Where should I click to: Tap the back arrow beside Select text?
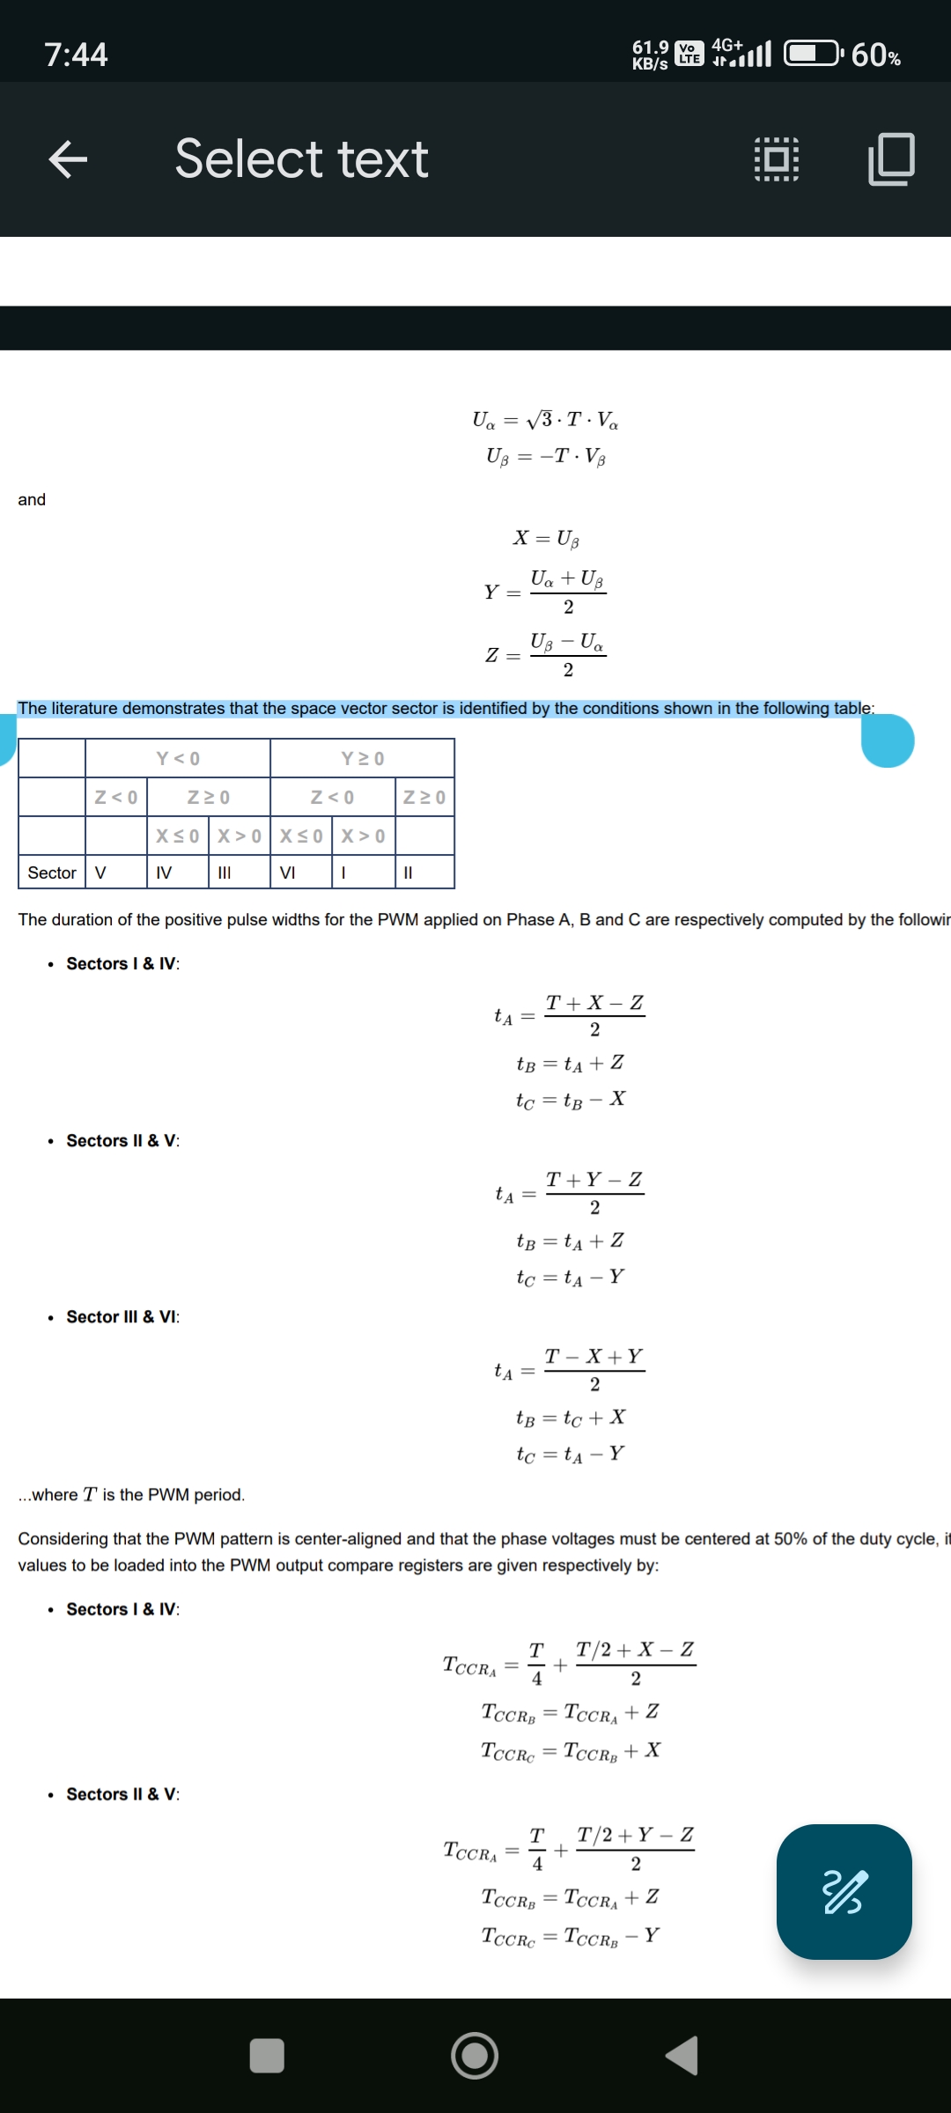[x=68, y=159]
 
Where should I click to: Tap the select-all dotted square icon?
[x=777, y=159]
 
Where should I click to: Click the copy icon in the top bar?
[x=891, y=159]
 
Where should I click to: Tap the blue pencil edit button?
[x=844, y=1892]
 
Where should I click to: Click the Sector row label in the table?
[x=52, y=872]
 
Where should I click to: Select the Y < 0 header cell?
[x=178, y=758]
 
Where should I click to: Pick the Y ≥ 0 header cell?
[x=362, y=758]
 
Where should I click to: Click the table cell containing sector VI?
[x=288, y=872]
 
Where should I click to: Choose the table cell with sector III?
[x=225, y=872]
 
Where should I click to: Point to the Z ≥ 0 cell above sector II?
[x=424, y=798]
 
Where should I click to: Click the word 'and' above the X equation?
[x=32, y=500]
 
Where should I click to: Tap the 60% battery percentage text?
[x=875, y=55]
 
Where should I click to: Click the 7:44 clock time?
[x=76, y=55]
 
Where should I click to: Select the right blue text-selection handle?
[x=888, y=741]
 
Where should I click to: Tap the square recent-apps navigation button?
[x=267, y=2056]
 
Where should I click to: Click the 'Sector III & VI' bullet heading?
[x=122, y=1317]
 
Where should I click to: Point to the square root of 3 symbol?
[x=540, y=419]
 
